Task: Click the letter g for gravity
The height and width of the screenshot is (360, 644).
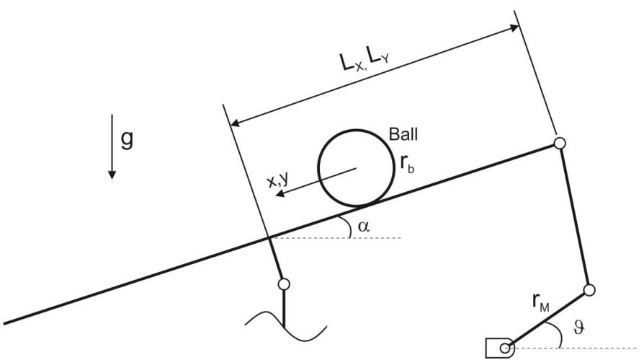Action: click(x=127, y=139)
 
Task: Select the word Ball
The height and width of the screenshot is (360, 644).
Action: click(x=403, y=135)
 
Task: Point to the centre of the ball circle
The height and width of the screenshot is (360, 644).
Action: click(x=354, y=167)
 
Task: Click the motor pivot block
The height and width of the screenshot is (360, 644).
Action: click(x=501, y=348)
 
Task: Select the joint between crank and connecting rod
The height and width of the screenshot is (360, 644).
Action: click(x=589, y=291)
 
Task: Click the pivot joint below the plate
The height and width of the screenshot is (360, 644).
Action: click(x=283, y=284)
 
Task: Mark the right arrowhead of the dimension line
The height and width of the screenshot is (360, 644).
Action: click(x=512, y=28)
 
